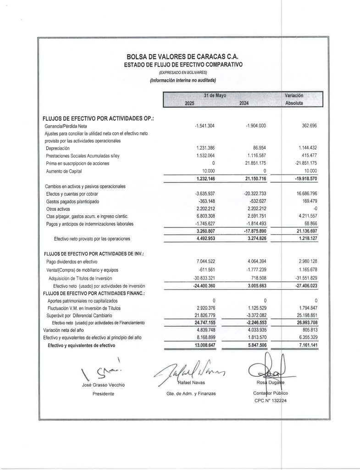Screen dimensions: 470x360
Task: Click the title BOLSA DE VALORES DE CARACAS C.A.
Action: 183,57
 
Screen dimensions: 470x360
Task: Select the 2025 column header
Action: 189,104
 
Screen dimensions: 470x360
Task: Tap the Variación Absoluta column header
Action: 294,100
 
